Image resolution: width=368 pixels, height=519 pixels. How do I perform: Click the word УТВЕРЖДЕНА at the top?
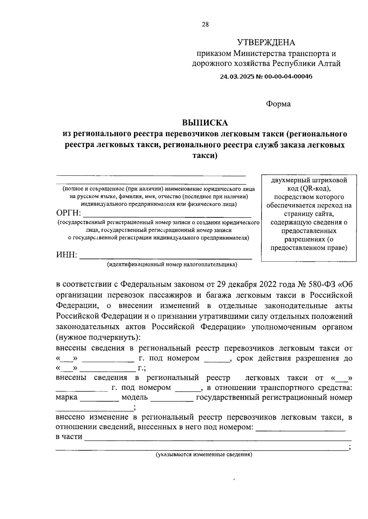click(x=266, y=42)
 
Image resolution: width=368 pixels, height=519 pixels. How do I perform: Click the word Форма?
click(x=278, y=104)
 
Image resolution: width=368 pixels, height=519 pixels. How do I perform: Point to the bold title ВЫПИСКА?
click(x=205, y=123)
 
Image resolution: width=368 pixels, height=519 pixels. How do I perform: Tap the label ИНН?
click(x=67, y=255)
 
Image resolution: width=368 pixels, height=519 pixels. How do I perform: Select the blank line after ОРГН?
click(x=167, y=215)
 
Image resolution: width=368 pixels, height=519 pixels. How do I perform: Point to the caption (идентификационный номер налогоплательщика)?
click(x=172, y=264)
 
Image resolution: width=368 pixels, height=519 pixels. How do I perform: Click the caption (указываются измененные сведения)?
click(x=204, y=454)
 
